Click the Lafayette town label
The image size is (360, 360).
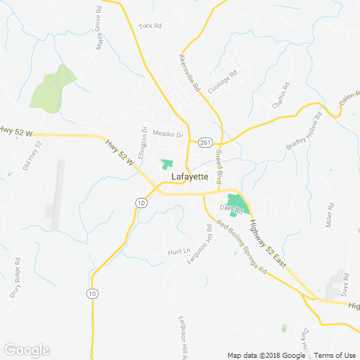click(190, 176)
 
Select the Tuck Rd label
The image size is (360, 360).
click(150, 26)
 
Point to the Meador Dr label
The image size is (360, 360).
click(168, 135)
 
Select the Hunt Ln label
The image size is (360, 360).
click(177, 252)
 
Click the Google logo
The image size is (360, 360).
click(27, 350)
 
